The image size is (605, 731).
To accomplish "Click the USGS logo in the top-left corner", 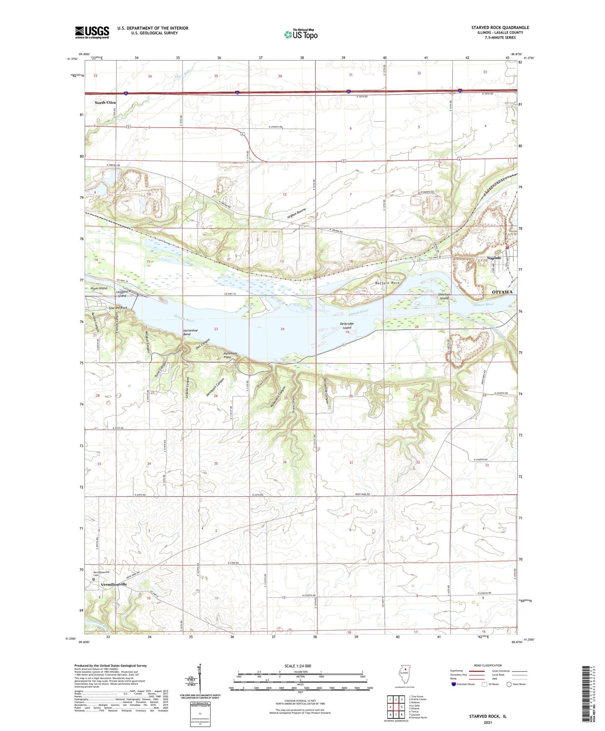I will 92,32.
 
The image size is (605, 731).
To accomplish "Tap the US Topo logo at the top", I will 300,34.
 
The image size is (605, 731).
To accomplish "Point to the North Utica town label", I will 105,103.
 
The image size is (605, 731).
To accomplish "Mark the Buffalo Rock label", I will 387,283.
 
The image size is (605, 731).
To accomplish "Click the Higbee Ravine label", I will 296,214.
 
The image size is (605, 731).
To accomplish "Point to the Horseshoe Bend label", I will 187,332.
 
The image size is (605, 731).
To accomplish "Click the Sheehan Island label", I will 443,296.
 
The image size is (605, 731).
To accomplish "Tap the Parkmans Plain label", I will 230,355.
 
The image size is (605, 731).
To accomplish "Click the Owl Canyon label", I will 203,344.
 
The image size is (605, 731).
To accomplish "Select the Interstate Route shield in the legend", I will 454,684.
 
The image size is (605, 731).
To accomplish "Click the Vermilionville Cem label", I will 101,573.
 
